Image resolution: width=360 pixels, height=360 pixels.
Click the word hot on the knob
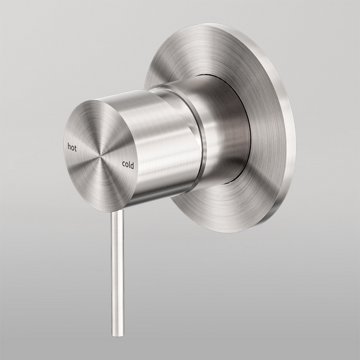point(72,146)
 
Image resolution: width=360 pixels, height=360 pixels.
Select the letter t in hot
point(76,148)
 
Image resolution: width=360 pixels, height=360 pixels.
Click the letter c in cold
point(124,163)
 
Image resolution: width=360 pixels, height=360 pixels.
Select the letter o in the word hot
point(73,147)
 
